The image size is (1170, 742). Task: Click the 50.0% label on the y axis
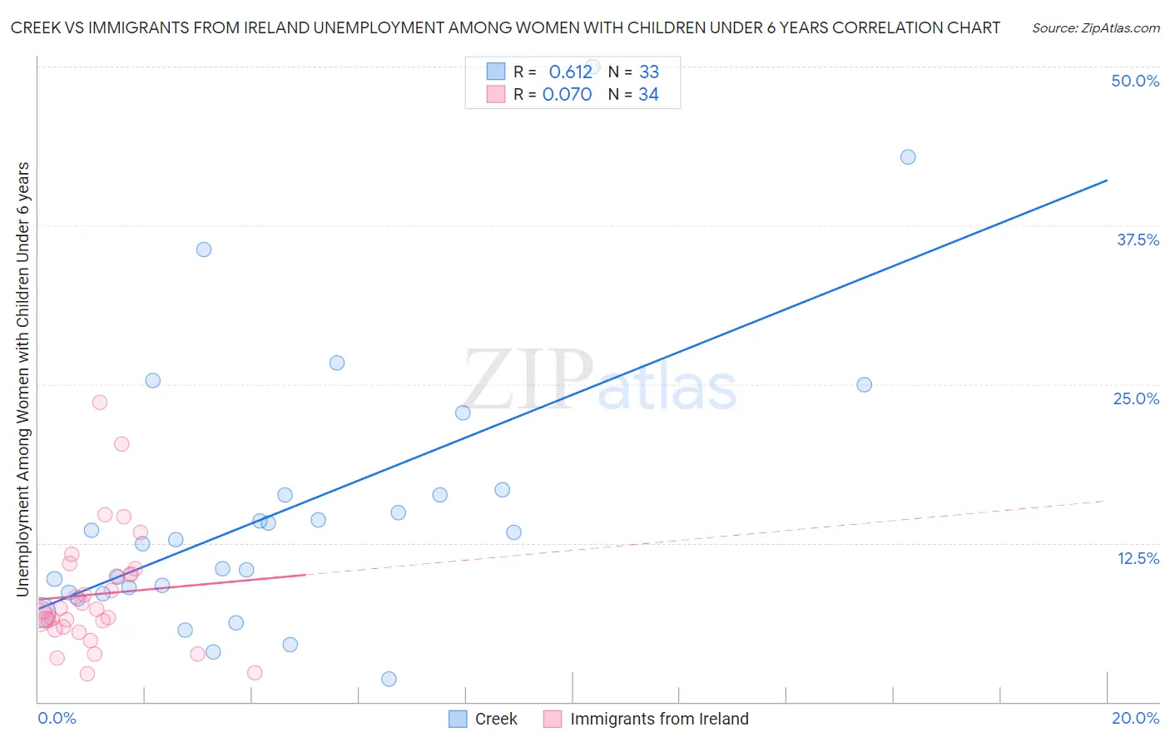point(1135,81)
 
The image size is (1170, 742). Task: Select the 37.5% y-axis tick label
point(1138,240)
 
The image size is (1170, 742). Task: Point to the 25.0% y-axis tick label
point(1136,398)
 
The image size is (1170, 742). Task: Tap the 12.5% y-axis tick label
point(1138,558)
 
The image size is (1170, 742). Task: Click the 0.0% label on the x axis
point(57,718)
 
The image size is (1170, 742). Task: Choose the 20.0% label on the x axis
point(1135,718)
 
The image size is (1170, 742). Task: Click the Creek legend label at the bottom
point(496,719)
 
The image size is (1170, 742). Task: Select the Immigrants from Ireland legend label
point(659,719)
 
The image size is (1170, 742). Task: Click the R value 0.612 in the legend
point(570,72)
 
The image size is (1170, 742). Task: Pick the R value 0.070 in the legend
point(567,95)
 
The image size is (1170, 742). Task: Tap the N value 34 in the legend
point(648,95)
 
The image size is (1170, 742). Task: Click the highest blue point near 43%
point(908,157)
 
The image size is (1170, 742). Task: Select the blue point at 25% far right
point(865,385)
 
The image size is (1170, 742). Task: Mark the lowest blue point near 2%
point(389,679)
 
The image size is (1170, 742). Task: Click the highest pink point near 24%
point(100,403)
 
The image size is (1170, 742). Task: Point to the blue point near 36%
point(204,250)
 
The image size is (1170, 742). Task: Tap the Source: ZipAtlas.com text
point(1095,28)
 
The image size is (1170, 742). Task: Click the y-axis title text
point(23,379)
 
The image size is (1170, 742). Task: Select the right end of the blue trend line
point(1107,181)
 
